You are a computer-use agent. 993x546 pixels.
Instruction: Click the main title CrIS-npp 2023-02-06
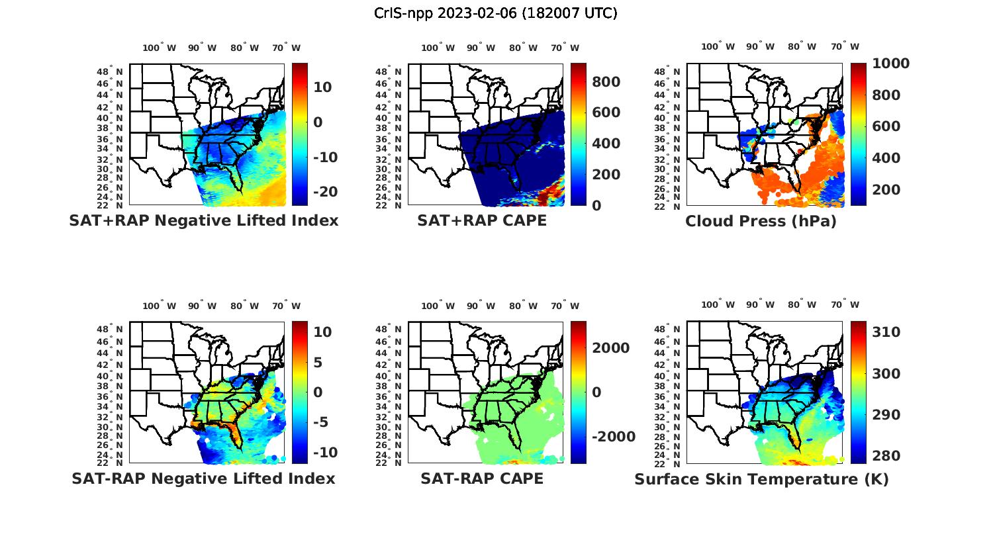point(495,13)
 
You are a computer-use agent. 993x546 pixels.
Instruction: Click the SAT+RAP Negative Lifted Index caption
point(203,220)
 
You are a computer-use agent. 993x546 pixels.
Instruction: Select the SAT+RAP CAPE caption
point(482,220)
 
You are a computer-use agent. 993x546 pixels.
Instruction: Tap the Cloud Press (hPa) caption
point(761,221)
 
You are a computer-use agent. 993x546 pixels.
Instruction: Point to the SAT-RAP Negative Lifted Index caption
point(203,478)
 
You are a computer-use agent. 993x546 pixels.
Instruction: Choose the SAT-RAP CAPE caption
point(482,478)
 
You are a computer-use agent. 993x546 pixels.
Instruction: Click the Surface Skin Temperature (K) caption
point(761,479)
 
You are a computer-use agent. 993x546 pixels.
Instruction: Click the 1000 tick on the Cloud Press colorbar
point(890,64)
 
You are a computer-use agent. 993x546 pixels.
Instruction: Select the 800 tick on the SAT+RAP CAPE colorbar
point(606,81)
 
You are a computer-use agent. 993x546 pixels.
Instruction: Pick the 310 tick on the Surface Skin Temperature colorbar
point(886,332)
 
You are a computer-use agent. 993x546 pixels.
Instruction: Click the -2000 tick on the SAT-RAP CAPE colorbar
point(612,437)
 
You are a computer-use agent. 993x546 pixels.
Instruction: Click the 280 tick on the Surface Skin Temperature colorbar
point(886,456)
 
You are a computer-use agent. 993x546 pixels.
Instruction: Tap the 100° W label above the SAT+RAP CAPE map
point(438,48)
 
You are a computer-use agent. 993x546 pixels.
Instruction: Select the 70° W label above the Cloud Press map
point(845,46)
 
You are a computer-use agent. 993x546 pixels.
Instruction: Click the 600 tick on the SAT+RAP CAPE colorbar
point(606,113)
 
